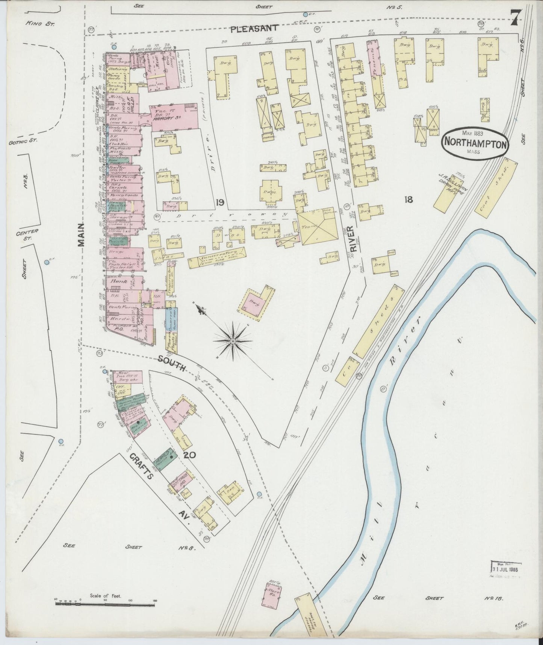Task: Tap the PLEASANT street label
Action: pyautogui.click(x=254, y=28)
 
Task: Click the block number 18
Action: pyautogui.click(x=408, y=199)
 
